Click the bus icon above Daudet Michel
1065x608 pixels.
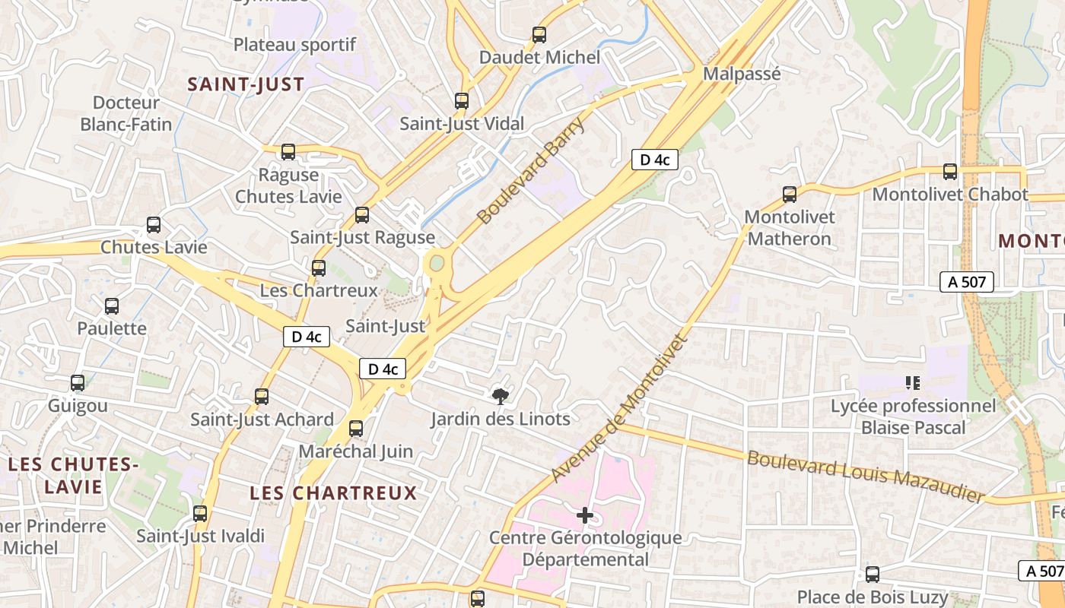click(539, 34)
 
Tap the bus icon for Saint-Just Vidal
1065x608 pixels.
click(462, 100)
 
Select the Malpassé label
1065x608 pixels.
click(742, 74)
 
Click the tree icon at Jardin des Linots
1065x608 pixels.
click(501, 395)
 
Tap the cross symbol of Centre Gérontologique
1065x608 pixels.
click(585, 516)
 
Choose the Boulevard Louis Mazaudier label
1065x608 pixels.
click(866, 477)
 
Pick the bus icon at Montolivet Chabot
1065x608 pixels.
click(950, 172)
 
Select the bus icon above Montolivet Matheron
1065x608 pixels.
click(790, 195)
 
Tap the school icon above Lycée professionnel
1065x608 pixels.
click(913, 382)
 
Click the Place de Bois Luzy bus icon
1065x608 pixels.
click(873, 575)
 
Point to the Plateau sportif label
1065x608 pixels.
click(294, 44)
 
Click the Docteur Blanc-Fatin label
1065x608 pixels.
click(126, 113)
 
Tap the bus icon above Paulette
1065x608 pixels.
click(112, 306)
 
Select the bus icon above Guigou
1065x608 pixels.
click(78, 383)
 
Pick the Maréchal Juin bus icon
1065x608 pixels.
click(356, 429)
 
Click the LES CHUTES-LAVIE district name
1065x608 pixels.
click(74, 475)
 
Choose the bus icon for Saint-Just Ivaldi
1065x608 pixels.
click(200, 514)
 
